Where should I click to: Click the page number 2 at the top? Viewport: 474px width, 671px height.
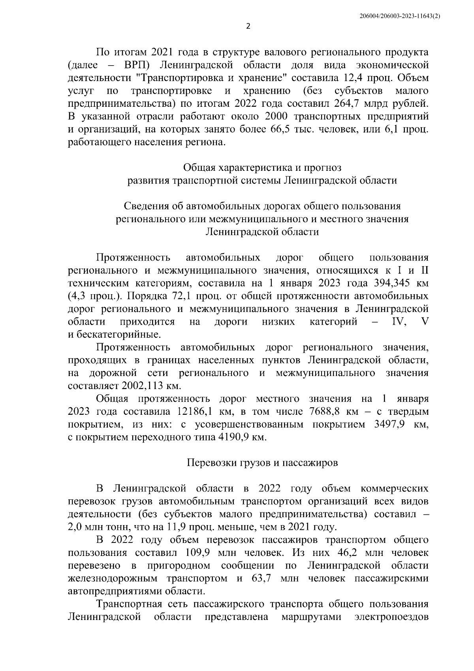pyautogui.click(x=248, y=26)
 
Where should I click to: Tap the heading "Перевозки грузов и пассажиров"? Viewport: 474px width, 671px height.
pyautogui.click(x=262, y=463)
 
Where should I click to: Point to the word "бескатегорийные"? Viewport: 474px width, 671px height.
pyautogui.click(x=118, y=335)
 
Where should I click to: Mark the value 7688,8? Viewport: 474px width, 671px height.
pyautogui.click(x=321, y=412)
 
